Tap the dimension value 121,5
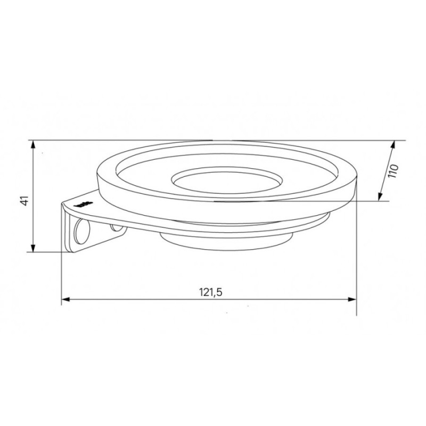click(211, 292)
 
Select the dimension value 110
click(393, 171)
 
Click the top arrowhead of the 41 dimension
click(33, 145)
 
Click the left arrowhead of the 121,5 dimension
click(66, 299)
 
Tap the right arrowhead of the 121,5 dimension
click(352, 299)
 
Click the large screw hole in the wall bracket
click(82, 232)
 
